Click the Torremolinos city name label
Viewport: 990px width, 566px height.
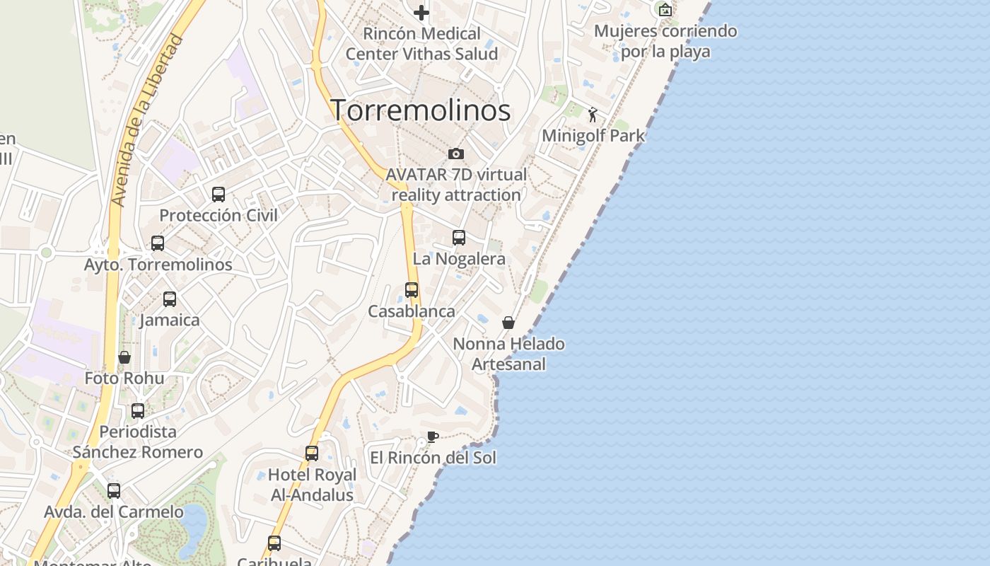tap(421, 110)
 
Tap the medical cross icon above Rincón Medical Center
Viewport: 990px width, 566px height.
tap(421, 12)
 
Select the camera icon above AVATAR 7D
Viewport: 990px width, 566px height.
tap(456, 154)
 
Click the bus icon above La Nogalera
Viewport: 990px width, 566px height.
tap(459, 238)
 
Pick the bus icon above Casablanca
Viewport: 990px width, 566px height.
tap(412, 289)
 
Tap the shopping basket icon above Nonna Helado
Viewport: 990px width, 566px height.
tap(508, 323)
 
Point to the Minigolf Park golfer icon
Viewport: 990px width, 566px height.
tap(593, 115)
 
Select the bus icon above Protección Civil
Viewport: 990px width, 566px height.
tap(219, 194)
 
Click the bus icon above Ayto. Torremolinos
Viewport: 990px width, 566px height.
tap(158, 243)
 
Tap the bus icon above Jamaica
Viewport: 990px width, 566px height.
tap(170, 299)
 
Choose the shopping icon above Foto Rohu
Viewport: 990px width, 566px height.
tap(124, 357)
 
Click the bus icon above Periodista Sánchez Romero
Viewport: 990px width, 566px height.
tap(138, 410)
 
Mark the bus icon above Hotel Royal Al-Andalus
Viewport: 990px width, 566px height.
tap(312, 453)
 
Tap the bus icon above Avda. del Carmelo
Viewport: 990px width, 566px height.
tap(114, 490)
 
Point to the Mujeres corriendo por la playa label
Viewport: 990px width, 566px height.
tap(665, 41)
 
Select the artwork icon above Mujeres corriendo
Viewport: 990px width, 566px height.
tap(665, 10)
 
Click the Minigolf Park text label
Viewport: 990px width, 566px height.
tap(593, 136)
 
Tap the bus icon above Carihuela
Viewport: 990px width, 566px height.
tap(274, 543)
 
